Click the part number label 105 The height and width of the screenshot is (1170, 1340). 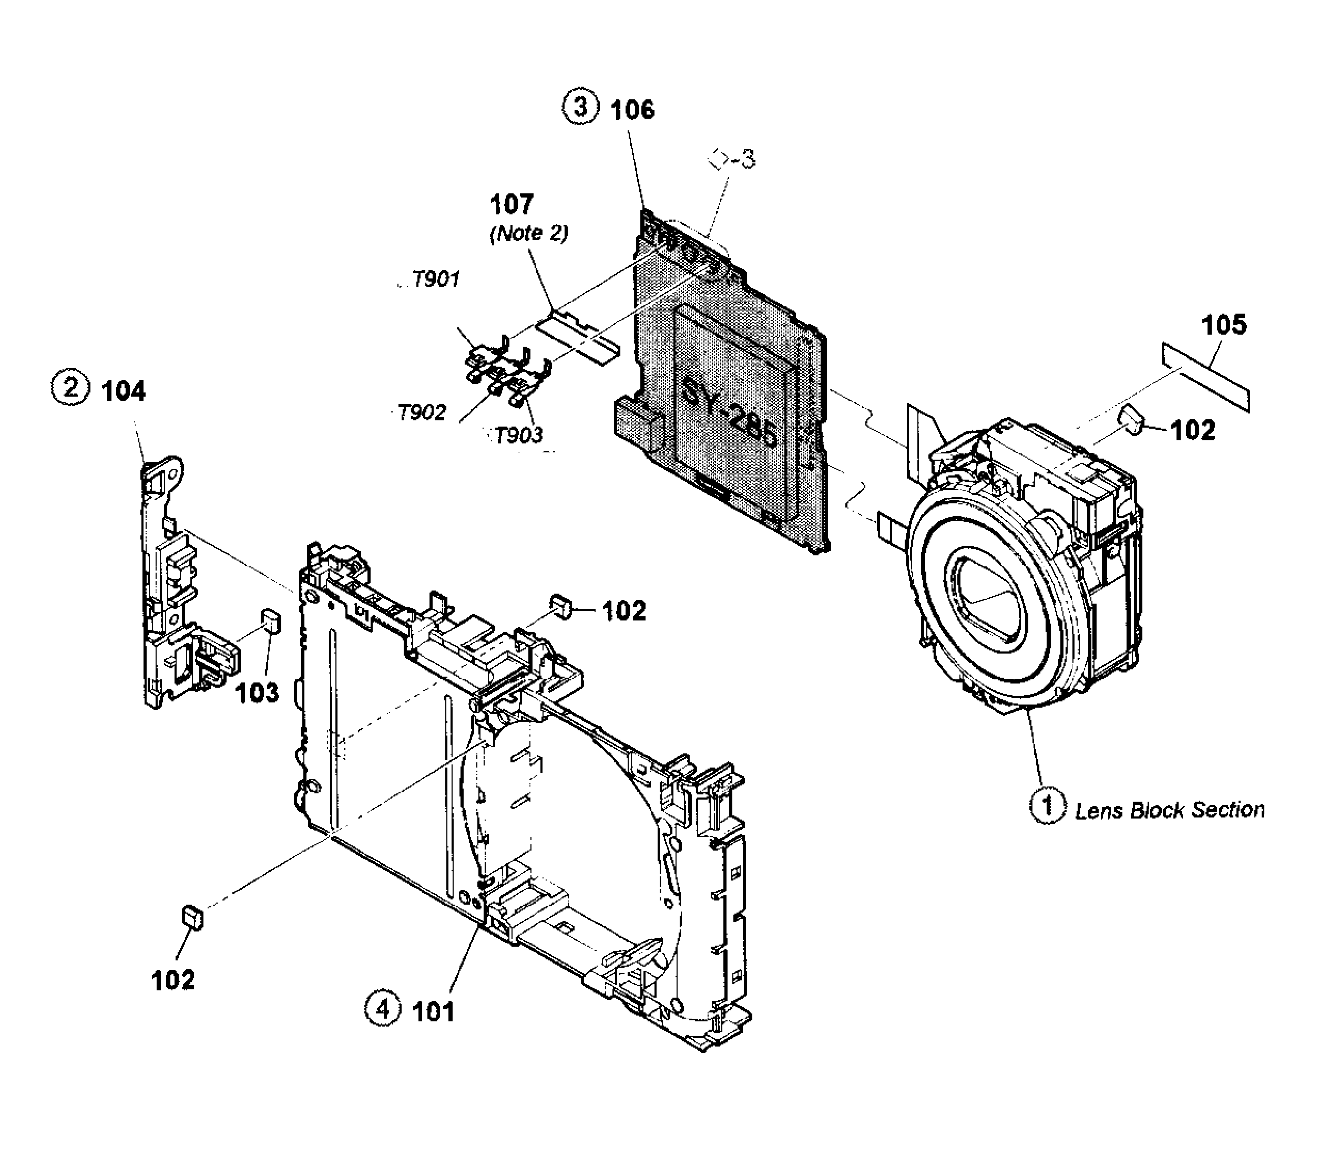coord(1224,325)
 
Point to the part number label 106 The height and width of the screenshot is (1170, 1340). coord(632,110)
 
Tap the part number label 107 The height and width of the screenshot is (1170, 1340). coord(512,204)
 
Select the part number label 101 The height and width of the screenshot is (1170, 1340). coord(433,1011)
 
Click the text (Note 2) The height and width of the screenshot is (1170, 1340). coord(528,233)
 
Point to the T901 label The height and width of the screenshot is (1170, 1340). coord(435,279)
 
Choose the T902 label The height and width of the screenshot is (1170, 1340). coord(422,412)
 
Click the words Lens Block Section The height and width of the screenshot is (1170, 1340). coord(1170,810)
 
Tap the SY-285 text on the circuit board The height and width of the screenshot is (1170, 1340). coord(729,413)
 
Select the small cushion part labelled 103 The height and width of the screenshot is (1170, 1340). coord(271,621)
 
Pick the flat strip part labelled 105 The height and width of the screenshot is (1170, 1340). coord(1205,378)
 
